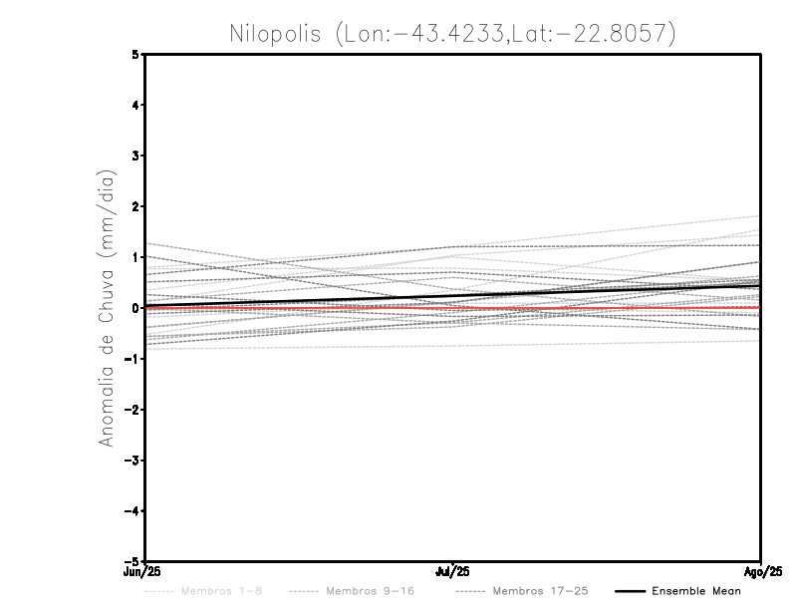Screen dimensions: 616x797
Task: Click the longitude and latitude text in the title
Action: [505, 34]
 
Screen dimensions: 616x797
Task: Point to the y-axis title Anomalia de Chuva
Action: [107, 308]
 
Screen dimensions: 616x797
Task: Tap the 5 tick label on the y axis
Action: [134, 54]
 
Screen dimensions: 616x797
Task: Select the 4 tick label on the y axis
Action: [134, 105]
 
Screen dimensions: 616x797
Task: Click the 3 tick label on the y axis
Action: [134, 155]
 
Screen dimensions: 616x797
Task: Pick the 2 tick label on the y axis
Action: [134, 206]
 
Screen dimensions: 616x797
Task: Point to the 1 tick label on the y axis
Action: [134, 257]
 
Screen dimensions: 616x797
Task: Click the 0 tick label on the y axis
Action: [134, 308]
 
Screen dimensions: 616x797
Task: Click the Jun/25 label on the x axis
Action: [143, 572]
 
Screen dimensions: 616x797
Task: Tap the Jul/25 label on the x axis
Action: [453, 572]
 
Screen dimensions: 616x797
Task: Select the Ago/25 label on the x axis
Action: [761, 572]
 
